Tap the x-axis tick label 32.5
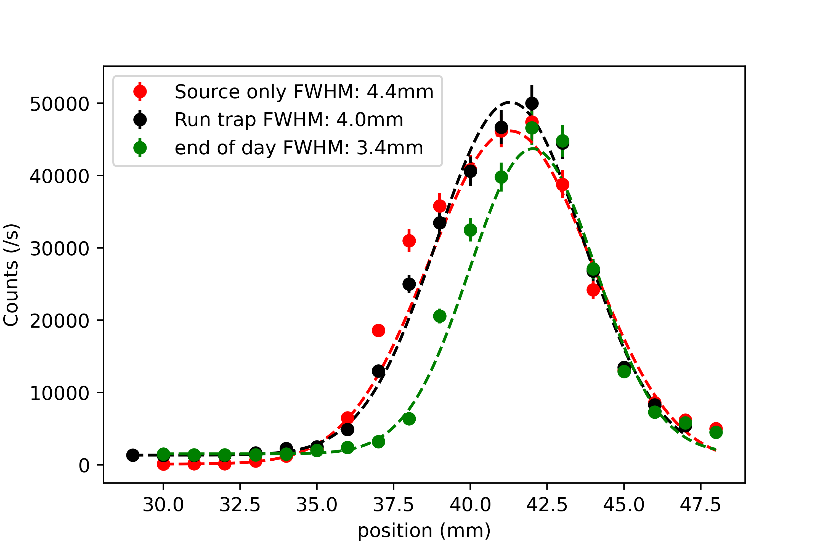point(240,505)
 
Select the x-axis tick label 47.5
point(700,505)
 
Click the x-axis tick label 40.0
point(470,505)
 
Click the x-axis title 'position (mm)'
point(424,531)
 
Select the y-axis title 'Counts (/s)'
point(11,275)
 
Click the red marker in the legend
point(140,92)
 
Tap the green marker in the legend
point(140,147)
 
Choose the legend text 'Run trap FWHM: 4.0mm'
point(289,120)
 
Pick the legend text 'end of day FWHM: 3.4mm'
point(299,147)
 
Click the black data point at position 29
point(133,455)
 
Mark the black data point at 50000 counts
point(532,104)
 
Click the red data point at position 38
point(409,241)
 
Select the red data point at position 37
point(378,330)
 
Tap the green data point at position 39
point(439,316)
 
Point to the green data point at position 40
point(470,230)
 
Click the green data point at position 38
point(409,419)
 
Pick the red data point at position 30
point(163,464)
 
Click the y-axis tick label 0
point(84,466)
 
